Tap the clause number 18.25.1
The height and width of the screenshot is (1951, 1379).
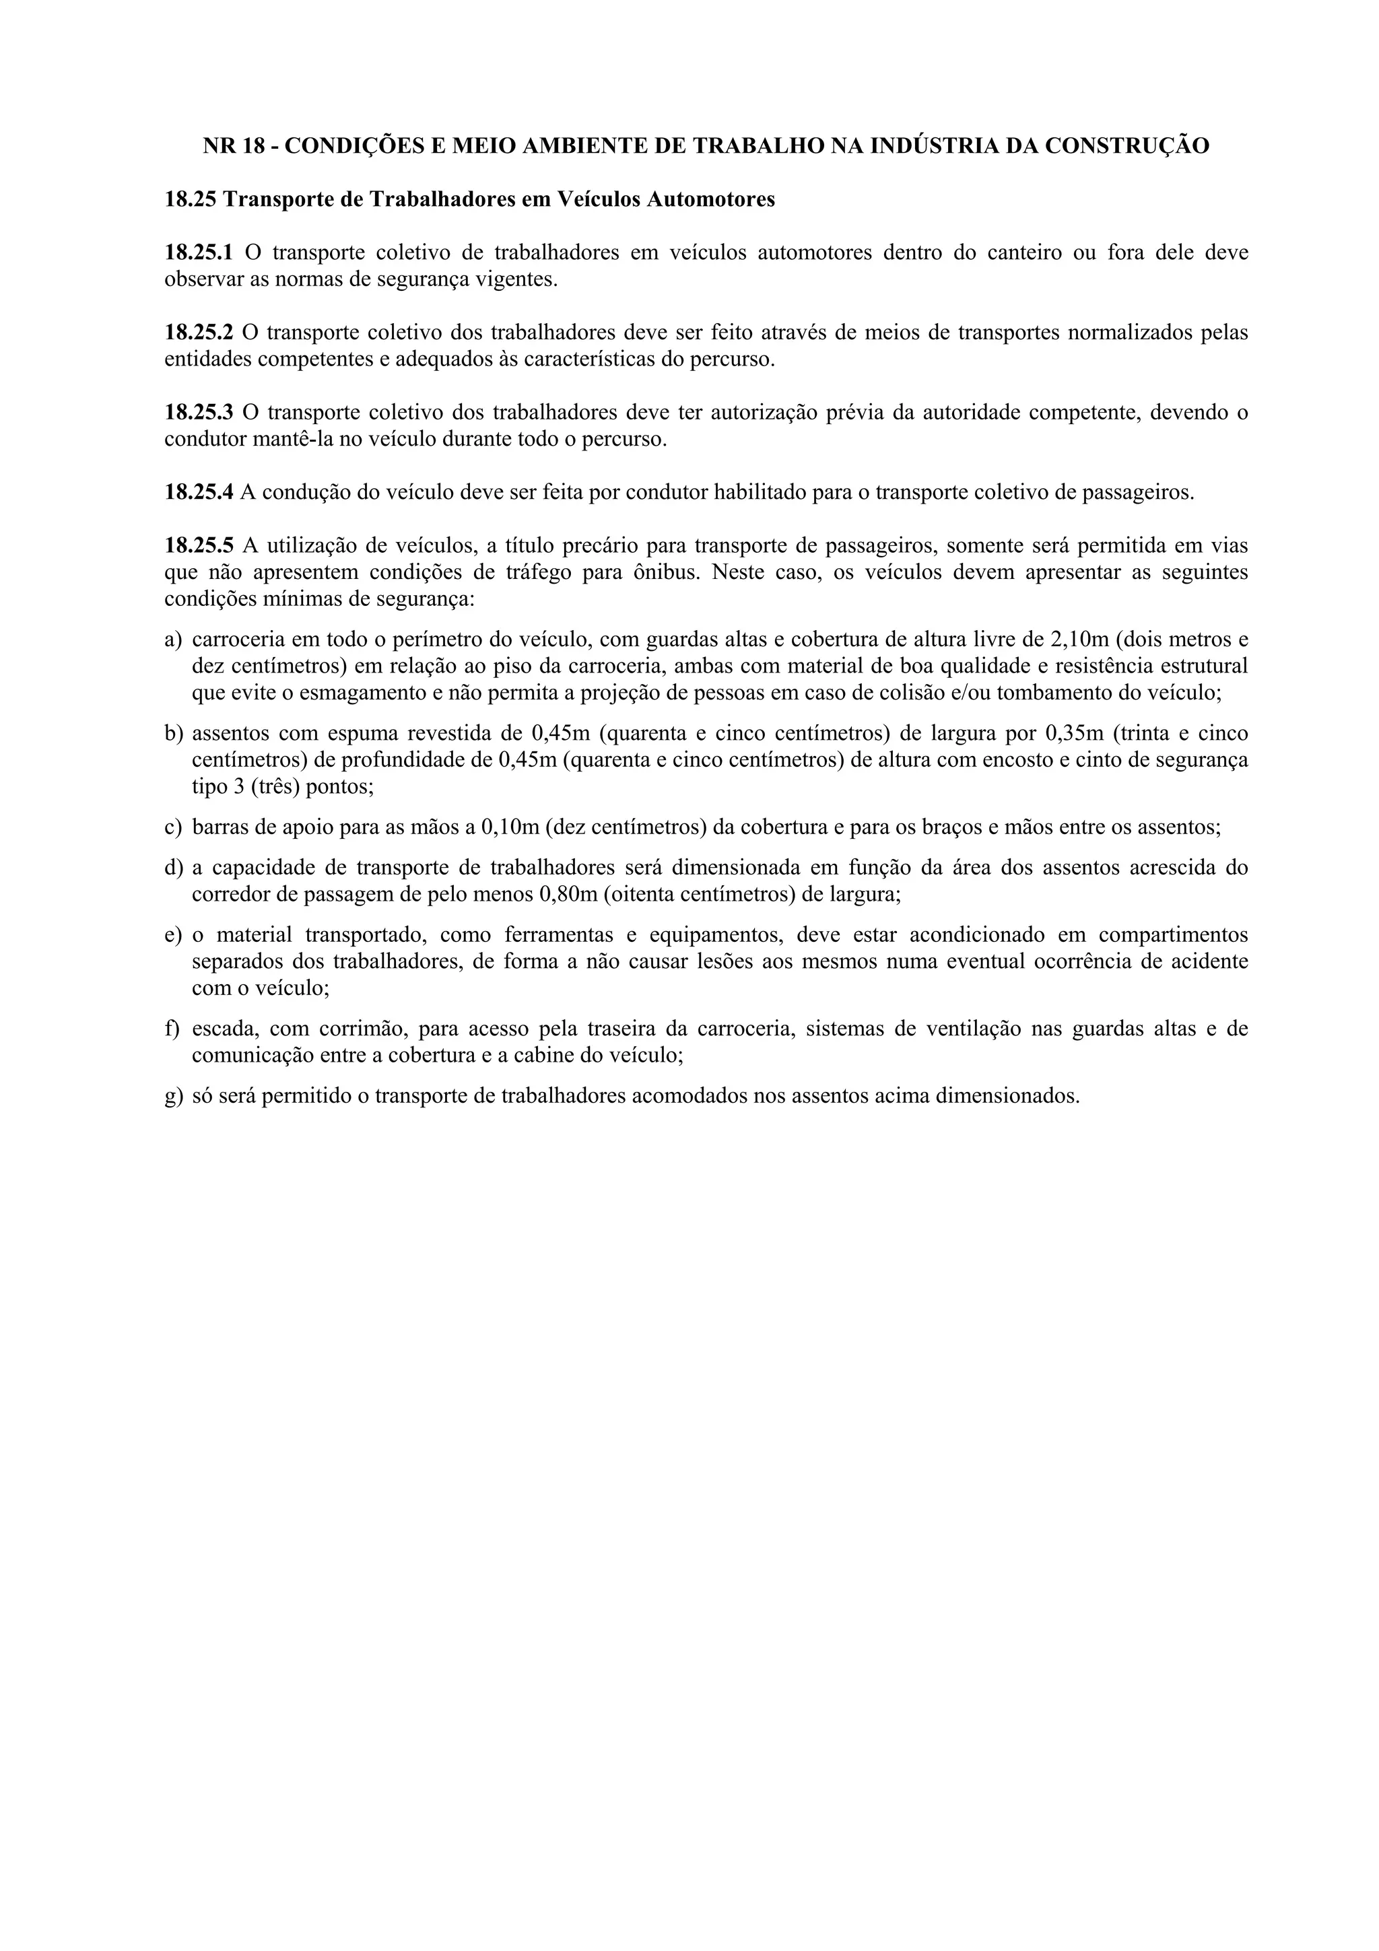pos(198,252)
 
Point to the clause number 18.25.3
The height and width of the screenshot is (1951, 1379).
pos(198,413)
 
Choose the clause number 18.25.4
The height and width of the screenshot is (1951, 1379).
pos(198,492)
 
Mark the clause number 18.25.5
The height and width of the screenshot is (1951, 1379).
pos(198,545)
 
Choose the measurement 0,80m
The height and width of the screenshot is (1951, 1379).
pos(568,894)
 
